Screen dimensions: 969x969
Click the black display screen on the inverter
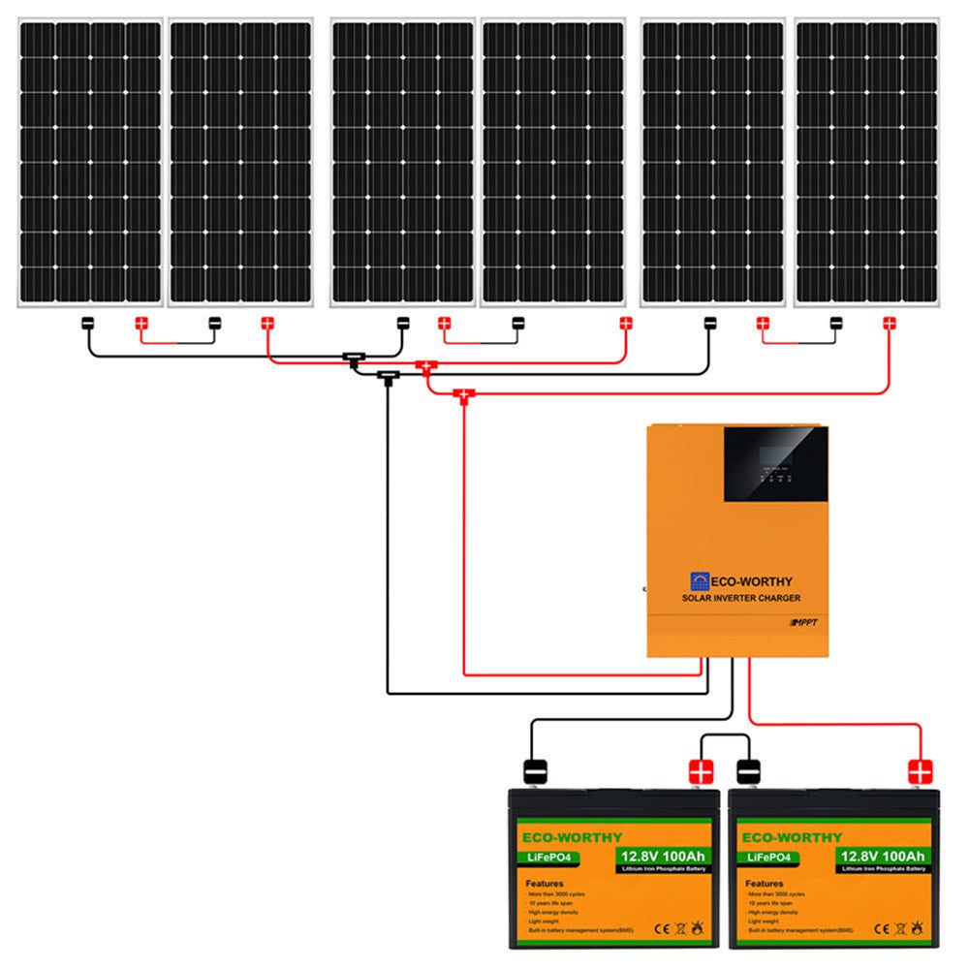pos(776,462)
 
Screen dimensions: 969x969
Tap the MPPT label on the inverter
pos(806,621)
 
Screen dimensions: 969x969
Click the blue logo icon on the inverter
pos(700,581)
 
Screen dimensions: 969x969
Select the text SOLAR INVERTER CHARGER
pos(741,599)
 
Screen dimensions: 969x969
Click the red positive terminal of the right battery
pos(919,771)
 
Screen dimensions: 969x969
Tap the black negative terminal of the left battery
pos(536,771)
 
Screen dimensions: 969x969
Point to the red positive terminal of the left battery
pos(700,771)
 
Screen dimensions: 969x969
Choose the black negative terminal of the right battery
pos(749,771)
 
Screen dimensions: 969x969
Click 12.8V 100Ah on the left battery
pos(661,856)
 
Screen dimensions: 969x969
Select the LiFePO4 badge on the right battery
pos(766,857)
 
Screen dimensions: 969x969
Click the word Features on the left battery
pos(545,884)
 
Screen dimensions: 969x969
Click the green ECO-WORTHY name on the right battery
pos(790,836)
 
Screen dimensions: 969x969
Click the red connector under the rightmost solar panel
pos(889,323)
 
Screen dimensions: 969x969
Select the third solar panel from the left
pos(402,162)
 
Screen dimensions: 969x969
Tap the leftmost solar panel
pos(90,162)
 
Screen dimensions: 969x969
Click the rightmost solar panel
pos(866,162)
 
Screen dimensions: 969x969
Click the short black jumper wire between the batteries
pos(725,737)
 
